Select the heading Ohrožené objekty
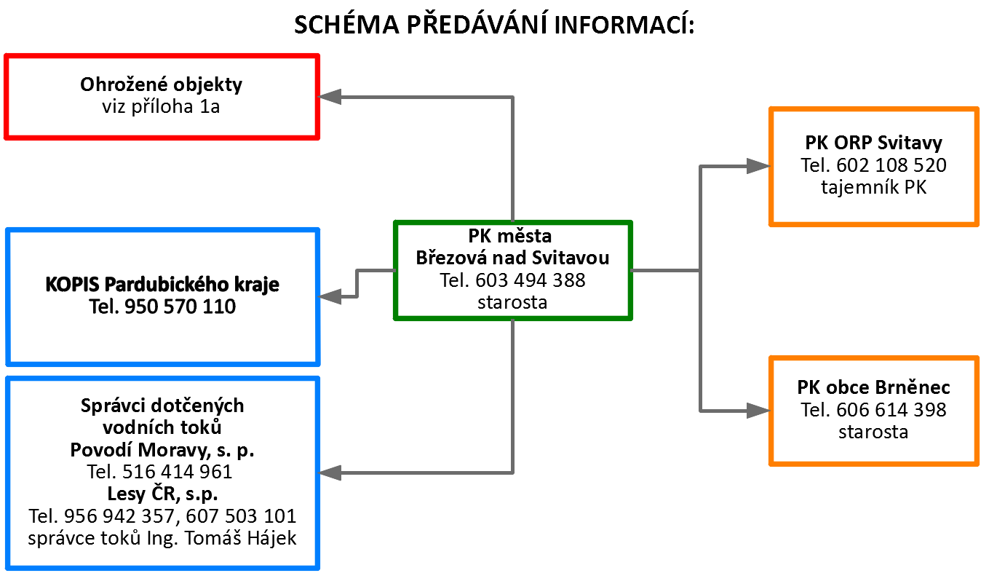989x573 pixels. [x=161, y=84]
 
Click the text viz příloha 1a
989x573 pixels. [x=161, y=107]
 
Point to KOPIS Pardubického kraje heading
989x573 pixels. [x=162, y=285]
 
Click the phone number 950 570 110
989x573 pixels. [x=180, y=307]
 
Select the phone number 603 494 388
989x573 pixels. [x=531, y=280]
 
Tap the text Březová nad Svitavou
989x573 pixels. [x=512, y=258]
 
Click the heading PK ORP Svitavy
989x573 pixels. [x=874, y=143]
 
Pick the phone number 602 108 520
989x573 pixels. [x=891, y=165]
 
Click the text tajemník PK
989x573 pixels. [x=874, y=187]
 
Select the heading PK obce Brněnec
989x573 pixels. [x=874, y=387]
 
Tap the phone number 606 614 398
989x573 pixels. [x=891, y=410]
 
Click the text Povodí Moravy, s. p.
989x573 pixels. [x=162, y=450]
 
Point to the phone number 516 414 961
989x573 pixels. [x=177, y=472]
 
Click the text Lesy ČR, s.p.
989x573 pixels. [x=162, y=494]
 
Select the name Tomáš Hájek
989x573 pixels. [x=241, y=538]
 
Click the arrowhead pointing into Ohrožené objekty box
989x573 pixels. [x=330, y=97]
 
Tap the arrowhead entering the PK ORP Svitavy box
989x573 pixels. [x=758, y=166]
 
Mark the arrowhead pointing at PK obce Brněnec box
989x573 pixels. [x=758, y=411]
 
